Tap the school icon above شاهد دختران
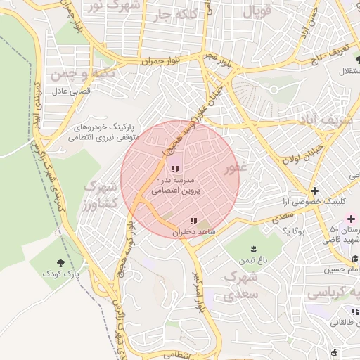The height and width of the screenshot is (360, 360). point(193,221)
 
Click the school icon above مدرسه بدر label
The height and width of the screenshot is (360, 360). point(175,169)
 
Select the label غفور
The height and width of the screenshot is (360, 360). point(235,169)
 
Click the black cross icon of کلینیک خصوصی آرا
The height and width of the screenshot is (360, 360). point(314,191)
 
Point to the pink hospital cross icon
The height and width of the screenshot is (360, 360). point(351,219)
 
